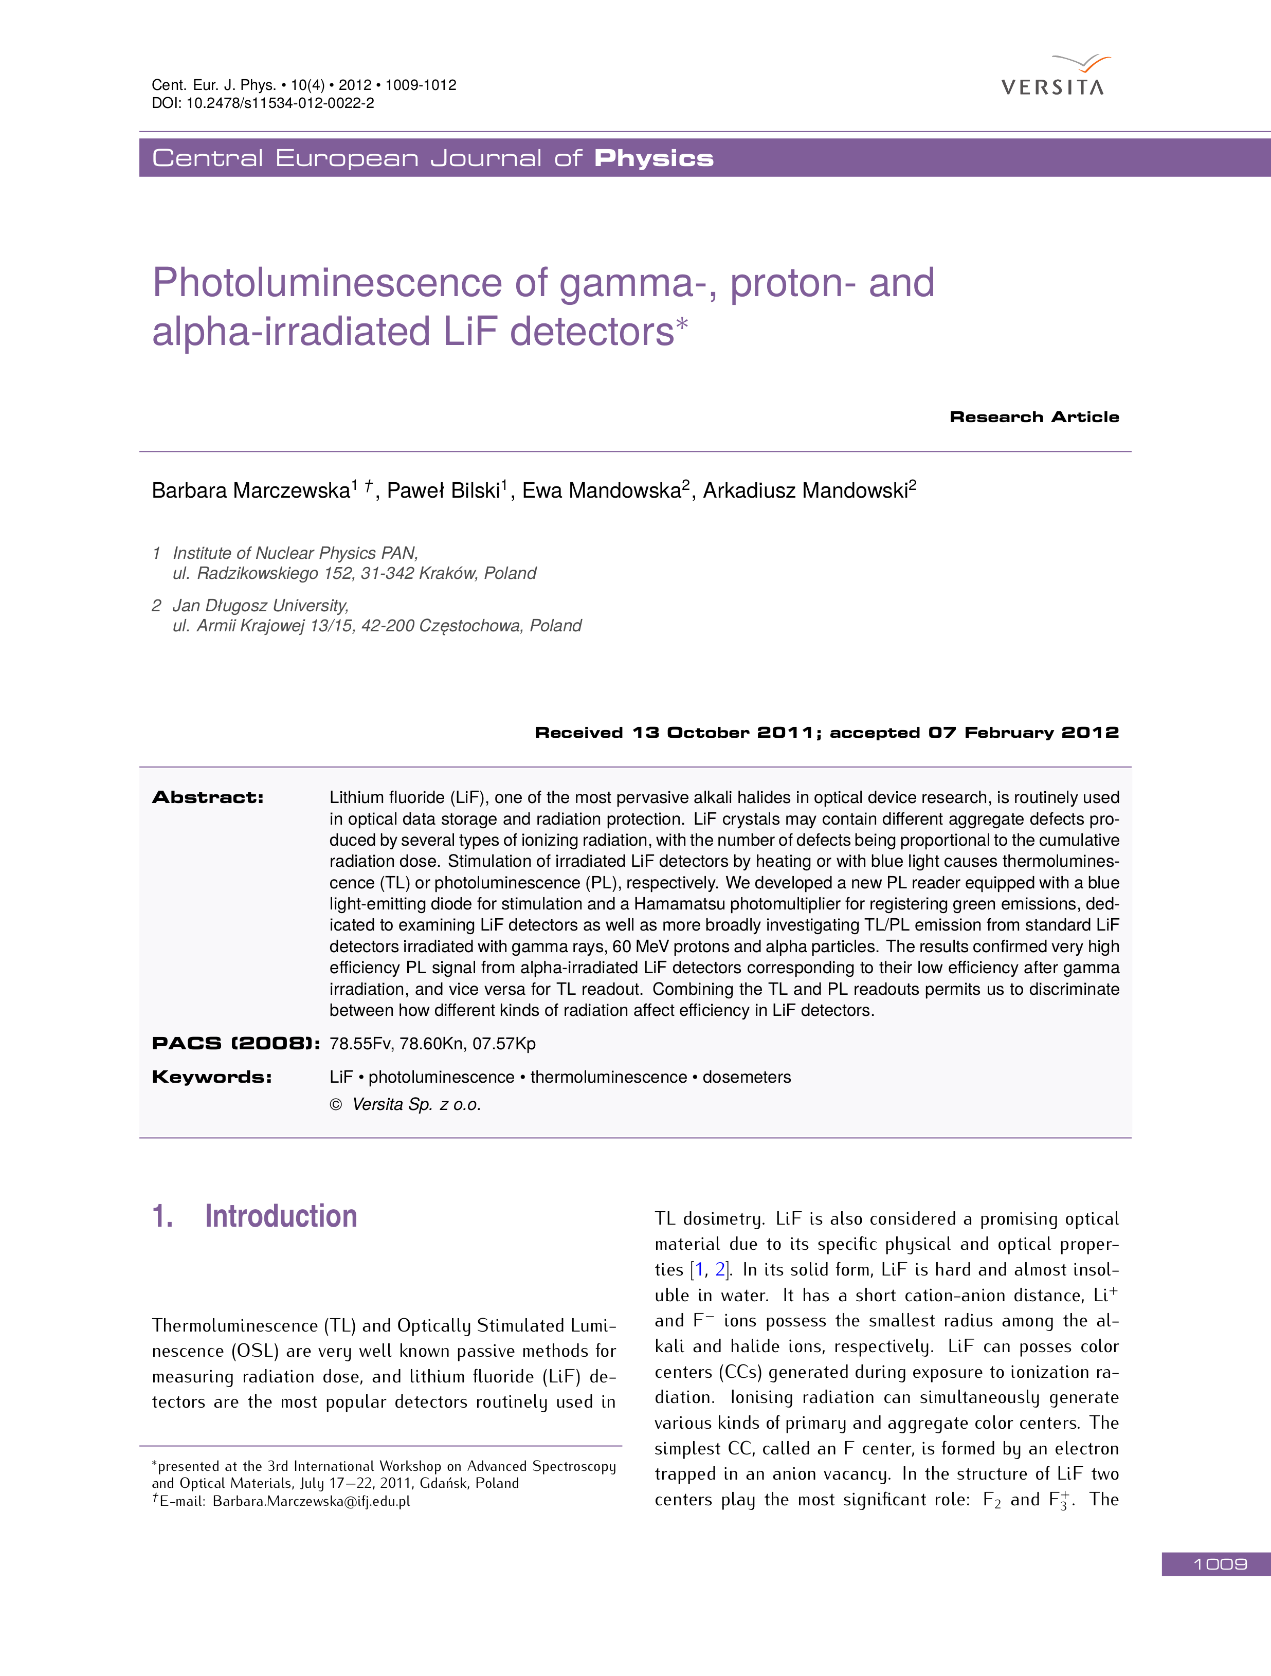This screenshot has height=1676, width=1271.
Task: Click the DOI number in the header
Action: click(x=280, y=103)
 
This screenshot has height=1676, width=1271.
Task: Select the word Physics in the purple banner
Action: click(x=653, y=158)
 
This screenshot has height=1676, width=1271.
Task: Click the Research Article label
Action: click(x=1034, y=417)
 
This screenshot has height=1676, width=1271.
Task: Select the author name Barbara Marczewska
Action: click(x=251, y=490)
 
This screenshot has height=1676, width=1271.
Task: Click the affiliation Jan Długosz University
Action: click(x=261, y=606)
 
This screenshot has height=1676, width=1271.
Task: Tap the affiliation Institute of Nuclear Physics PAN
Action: click(x=296, y=553)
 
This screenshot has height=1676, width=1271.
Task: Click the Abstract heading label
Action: click(x=208, y=797)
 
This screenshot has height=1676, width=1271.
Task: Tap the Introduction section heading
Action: click(x=280, y=1216)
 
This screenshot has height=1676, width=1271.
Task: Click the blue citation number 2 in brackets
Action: click(x=720, y=1270)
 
